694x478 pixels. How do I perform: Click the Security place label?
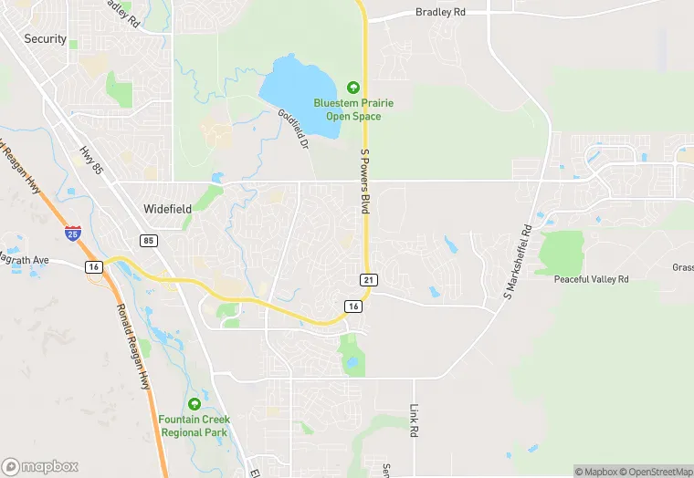(x=46, y=38)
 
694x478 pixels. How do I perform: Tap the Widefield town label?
(x=167, y=209)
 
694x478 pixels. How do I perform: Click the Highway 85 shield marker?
(x=148, y=241)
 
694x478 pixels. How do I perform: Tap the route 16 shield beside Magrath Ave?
(x=93, y=266)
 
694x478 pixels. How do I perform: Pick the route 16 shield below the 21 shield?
(x=353, y=307)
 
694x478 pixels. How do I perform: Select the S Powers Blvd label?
(x=364, y=182)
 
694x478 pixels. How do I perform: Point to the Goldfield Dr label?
(x=294, y=130)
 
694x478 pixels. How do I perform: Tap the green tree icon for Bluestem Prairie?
(x=353, y=88)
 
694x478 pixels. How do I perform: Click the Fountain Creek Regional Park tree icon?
(x=194, y=404)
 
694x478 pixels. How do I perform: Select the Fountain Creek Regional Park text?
(x=195, y=426)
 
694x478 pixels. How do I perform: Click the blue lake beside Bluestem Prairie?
(x=298, y=92)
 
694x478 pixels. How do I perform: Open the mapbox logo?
(x=40, y=466)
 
